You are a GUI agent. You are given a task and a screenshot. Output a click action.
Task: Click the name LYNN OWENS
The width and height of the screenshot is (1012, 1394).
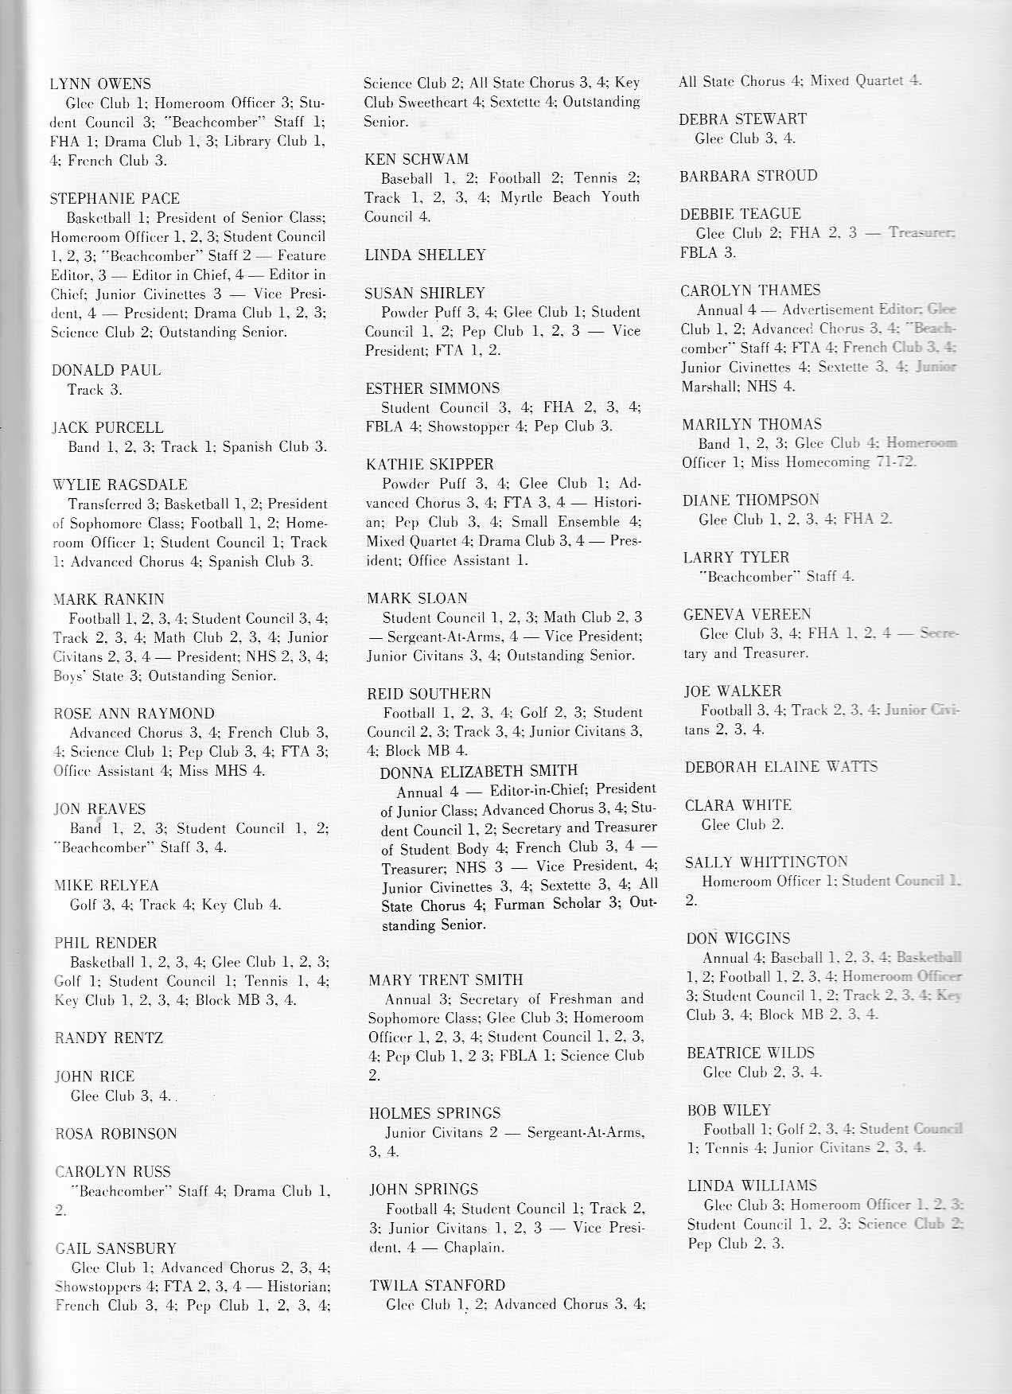click(100, 84)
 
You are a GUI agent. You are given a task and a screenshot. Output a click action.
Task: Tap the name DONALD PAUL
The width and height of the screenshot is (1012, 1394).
click(106, 370)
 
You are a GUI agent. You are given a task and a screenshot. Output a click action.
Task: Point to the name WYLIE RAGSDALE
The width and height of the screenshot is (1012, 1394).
click(119, 485)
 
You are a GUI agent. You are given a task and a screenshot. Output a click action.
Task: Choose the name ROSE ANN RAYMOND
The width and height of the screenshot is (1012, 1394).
click(134, 714)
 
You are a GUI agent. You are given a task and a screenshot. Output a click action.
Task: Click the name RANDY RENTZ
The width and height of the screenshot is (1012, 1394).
click(109, 1038)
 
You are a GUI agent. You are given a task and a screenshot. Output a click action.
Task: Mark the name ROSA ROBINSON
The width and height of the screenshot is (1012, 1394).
click(116, 1134)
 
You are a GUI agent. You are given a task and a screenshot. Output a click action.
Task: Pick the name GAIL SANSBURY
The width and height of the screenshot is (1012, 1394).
click(115, 1248)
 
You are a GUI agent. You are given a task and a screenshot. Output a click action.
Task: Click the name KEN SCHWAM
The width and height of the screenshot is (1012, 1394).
click(416, 159)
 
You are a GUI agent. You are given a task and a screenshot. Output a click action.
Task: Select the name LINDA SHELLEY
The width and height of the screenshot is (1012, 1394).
click(425, 255)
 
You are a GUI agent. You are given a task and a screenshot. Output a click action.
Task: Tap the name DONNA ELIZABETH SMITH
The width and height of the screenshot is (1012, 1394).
click(479, 770)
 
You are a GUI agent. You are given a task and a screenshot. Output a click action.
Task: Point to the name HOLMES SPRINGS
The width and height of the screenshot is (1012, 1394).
click(435, 1113)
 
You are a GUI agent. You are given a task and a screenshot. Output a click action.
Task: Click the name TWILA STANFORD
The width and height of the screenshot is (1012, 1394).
click(437, 1285)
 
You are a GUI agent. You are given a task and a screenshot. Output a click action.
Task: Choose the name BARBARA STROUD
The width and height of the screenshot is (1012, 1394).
click(748, 176)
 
